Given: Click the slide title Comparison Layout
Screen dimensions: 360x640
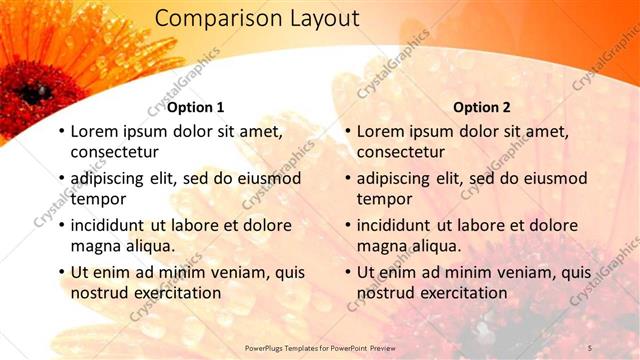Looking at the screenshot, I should coord(257,19).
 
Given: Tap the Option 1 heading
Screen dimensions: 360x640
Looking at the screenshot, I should coord(195,107).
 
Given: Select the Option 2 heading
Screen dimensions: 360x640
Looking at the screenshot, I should coord(482,107).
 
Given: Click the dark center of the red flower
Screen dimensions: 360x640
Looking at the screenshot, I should coord(36,93).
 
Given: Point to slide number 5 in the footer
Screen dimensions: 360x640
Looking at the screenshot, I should coord(590,347).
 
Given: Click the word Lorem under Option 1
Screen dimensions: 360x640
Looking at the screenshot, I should coord(93,131).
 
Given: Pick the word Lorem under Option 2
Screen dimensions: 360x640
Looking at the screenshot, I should coord(380,131).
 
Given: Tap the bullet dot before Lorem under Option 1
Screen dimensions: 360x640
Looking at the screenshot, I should coord(61,132).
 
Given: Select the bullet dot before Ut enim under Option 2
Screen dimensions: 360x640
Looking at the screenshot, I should coord(348,272).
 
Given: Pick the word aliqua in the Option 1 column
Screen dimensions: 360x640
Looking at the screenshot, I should coord(149,246).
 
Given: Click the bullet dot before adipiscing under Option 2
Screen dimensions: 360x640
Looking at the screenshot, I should coord(348,179).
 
